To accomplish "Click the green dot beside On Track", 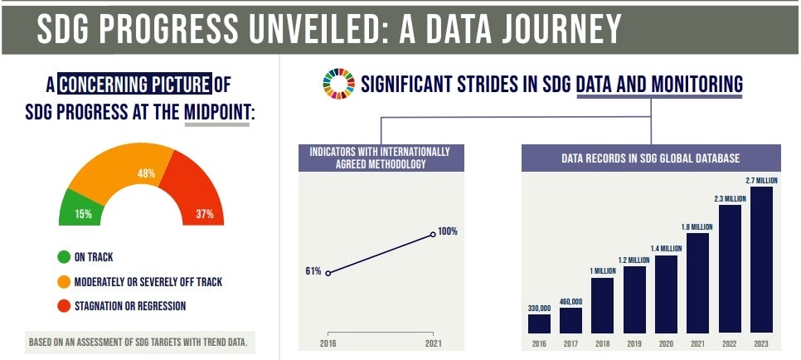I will pos(64,258).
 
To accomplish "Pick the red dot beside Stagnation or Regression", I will pos(64,306).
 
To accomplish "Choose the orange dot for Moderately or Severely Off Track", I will pos(64,282).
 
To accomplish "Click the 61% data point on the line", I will pos(328,273).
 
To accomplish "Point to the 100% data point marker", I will pos(434,235).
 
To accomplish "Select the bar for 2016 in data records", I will pos(539,324).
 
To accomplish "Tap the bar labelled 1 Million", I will pos(603,305).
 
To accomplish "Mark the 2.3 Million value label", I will pos(730,199).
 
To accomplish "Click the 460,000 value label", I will pos(570,302).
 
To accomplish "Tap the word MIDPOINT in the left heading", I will pos(216,111).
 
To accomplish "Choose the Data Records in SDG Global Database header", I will pos(650,158).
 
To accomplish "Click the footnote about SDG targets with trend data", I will pos(138,342).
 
